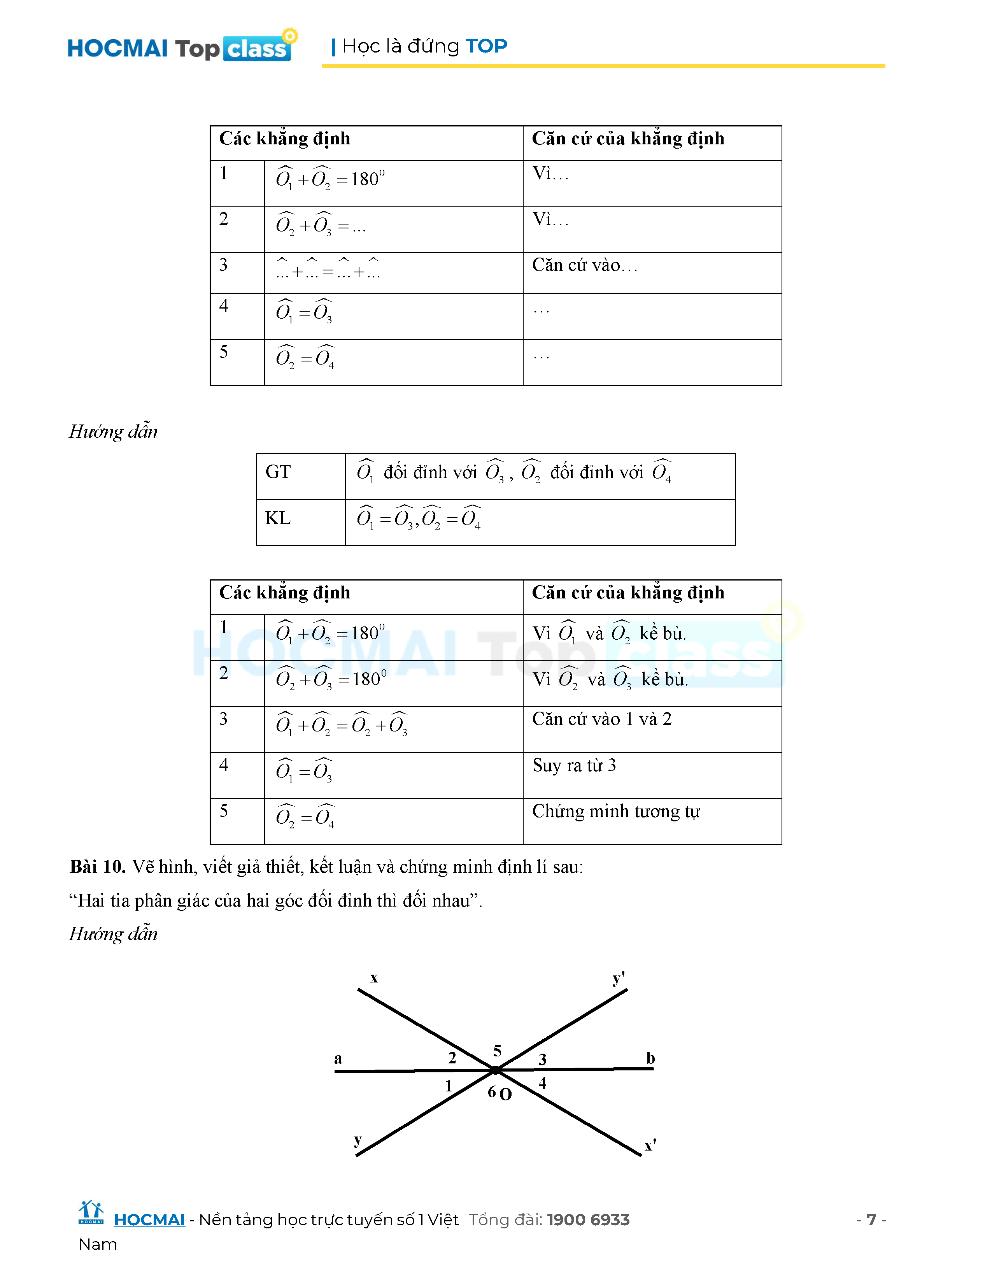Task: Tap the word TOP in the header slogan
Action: click(x=486, y=46)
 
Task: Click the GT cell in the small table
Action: click(x=278, y=472)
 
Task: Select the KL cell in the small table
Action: click(x=278, y=518)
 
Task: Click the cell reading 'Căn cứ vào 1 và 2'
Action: click(x=602, y=719)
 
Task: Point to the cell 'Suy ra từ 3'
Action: click(x=574, y=765)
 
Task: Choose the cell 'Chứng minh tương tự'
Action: click(x=616, y=811)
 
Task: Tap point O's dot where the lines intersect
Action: click(x=495, y=1070)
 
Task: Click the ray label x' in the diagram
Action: click(x=650, y=1145)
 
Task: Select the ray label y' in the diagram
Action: click(x=618, y=978)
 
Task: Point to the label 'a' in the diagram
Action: click(x=338, y=1059)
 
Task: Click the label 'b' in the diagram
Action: click(x=650, y=1058)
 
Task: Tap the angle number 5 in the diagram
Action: click(x=497, y=1051)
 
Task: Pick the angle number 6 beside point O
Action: click(x=492, y=1092)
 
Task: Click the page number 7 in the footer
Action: click(x=871, y=1220)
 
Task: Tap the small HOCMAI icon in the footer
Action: click(x=91, y=1212)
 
